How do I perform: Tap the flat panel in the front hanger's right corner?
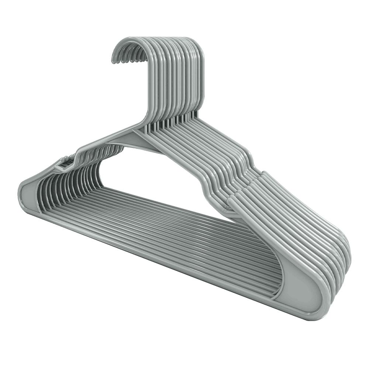click(299, 292)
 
